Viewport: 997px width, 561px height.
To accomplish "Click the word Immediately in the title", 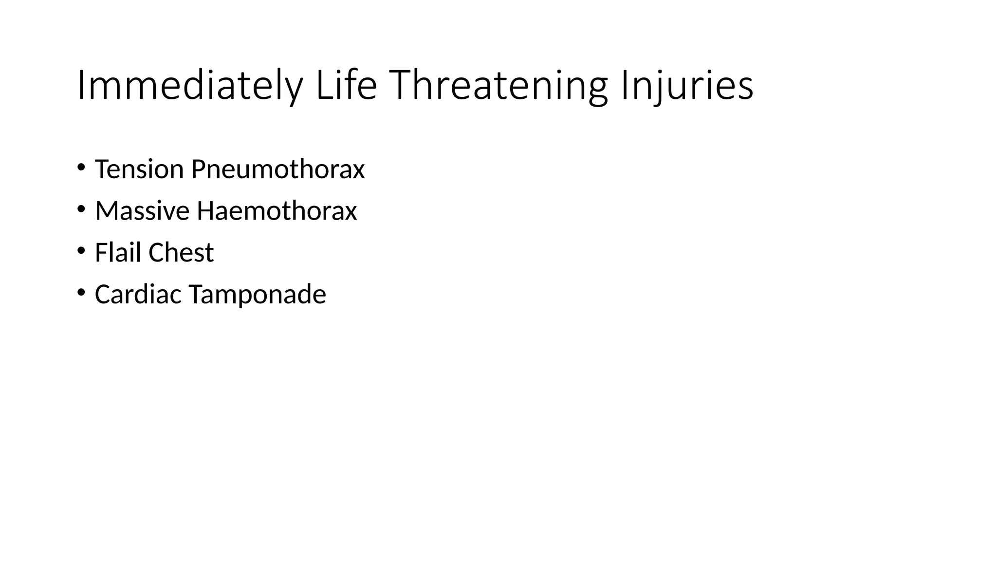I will pos(189,86).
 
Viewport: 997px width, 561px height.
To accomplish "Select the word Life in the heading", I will pos(346,86).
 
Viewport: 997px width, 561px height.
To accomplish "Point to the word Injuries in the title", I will pos(687,86).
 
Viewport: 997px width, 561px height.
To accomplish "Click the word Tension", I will pos(139,169).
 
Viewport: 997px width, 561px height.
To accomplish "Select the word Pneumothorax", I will pos(277,169).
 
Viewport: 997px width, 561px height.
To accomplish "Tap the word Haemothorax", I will pos(277,211).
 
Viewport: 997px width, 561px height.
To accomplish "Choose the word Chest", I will pos(181,253).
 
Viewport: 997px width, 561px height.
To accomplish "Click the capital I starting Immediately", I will pos(81,86).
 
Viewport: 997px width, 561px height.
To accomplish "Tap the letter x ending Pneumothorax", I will pos(359,172).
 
